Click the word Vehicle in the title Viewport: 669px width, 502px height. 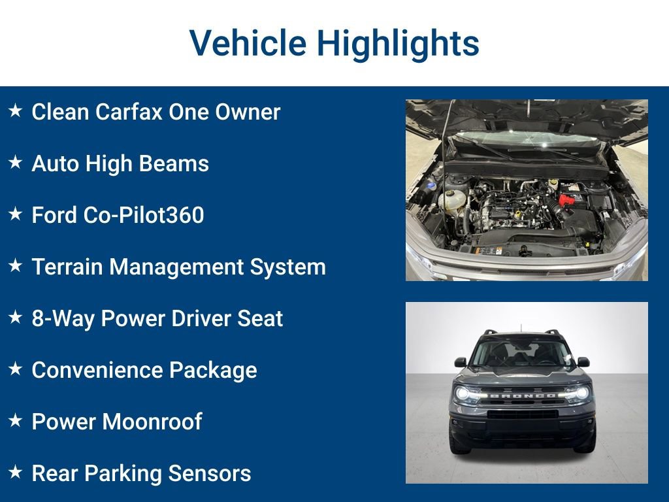coord(247,43)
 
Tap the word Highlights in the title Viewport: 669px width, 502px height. coord(398,43)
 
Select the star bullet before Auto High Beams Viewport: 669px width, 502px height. coord(15,163)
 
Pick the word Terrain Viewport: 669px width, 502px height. coord(67,267)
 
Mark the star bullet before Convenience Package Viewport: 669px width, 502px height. coord(15,369)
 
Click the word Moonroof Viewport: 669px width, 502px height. coord(152,422)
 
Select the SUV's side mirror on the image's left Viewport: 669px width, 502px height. coord(461,361)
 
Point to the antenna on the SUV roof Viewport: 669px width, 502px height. coord(521,327)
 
